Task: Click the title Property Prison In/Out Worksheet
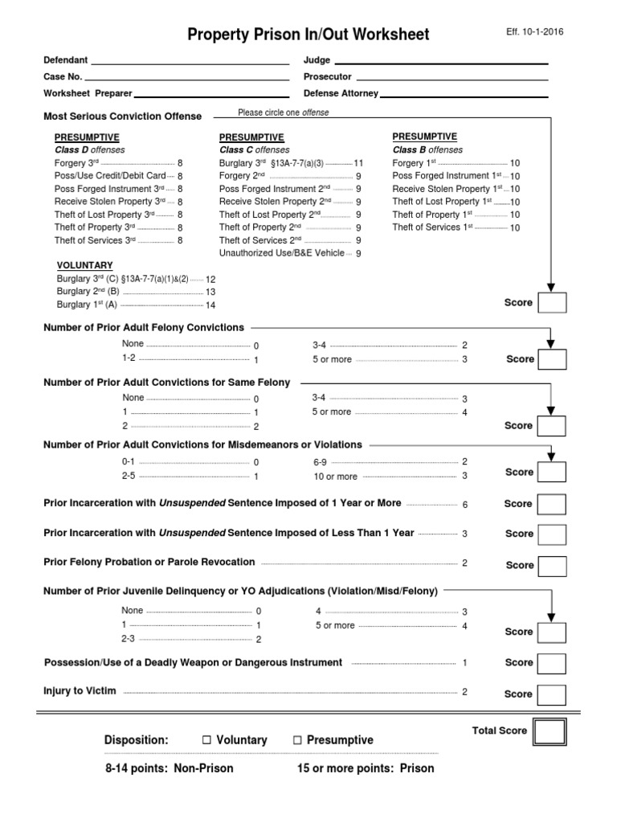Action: click(308, 35)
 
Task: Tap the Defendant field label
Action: click(66, 60)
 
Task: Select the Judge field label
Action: click(317, 60)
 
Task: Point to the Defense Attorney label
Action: click(341, 93)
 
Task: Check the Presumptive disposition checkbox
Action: click(298, 740)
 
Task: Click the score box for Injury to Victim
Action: click(551, 694)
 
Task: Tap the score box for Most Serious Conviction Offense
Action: click(551, 303)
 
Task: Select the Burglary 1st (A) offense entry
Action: click(87, 305)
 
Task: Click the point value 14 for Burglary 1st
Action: click(210, 305)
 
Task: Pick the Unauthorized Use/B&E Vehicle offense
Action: click(283, 253)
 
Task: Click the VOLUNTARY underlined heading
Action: click(85, 265)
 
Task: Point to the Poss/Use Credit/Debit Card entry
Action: click(110, 175)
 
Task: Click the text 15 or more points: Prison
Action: click(366, 768)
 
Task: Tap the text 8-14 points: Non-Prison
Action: click(170, 768)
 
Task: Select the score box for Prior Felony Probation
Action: click(551, 565)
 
